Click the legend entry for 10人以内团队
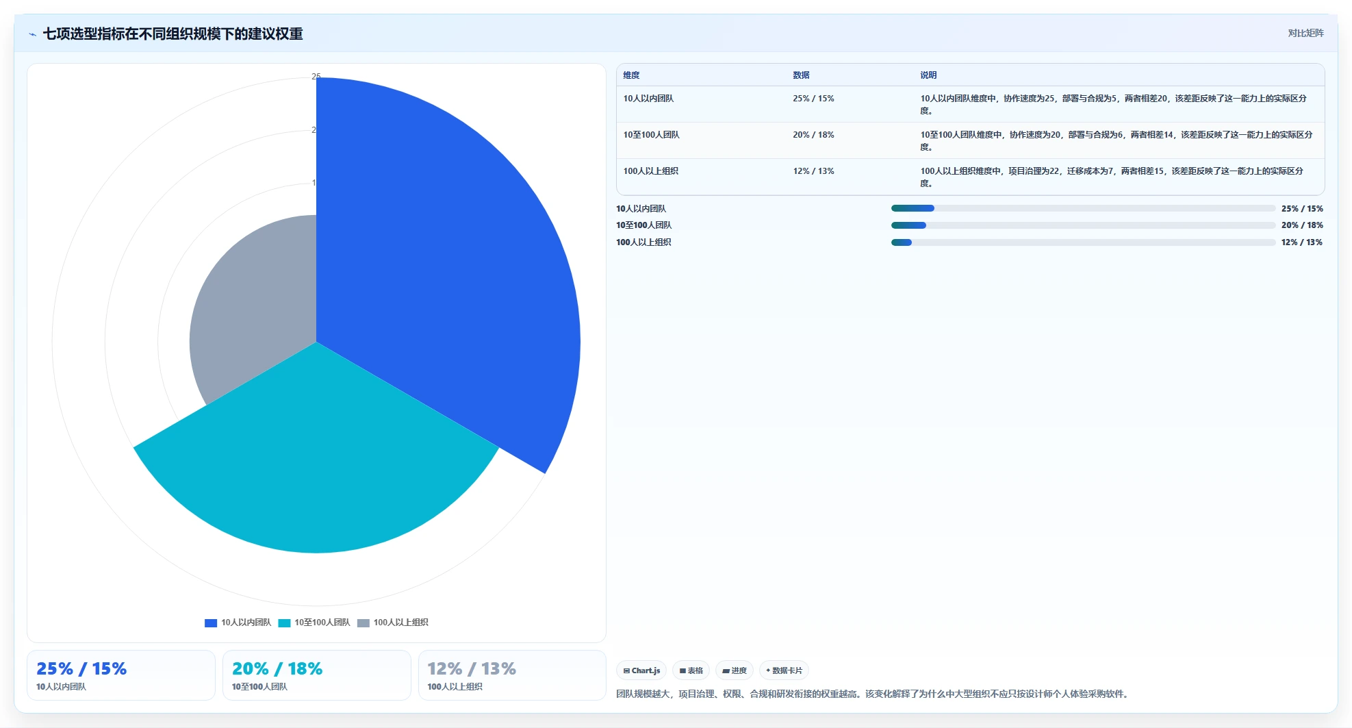point(238,623)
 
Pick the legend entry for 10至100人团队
point(314,623)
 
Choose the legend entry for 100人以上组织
point(393,623)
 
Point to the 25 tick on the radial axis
point(316,77)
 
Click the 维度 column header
point(631,75)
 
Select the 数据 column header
point(801,75)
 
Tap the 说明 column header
point(928,75)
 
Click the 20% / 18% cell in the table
point(813,135)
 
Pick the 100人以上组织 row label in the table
point(650,171)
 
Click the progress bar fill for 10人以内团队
point(913,208)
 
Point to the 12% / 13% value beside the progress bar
point(1302,242)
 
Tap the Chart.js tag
point(641,670)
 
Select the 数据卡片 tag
point(784,670)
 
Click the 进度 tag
point(735,670)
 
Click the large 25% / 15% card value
point(81,668)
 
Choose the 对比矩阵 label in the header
point(1305,33)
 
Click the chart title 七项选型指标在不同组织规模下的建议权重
point(173,34)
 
